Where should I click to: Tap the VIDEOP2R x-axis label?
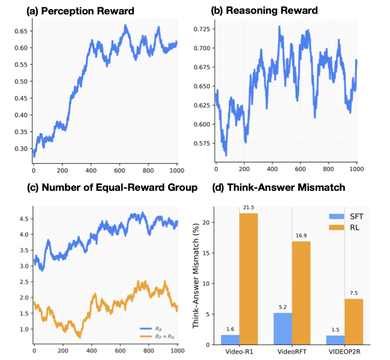347,352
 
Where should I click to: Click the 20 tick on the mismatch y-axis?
209,222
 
